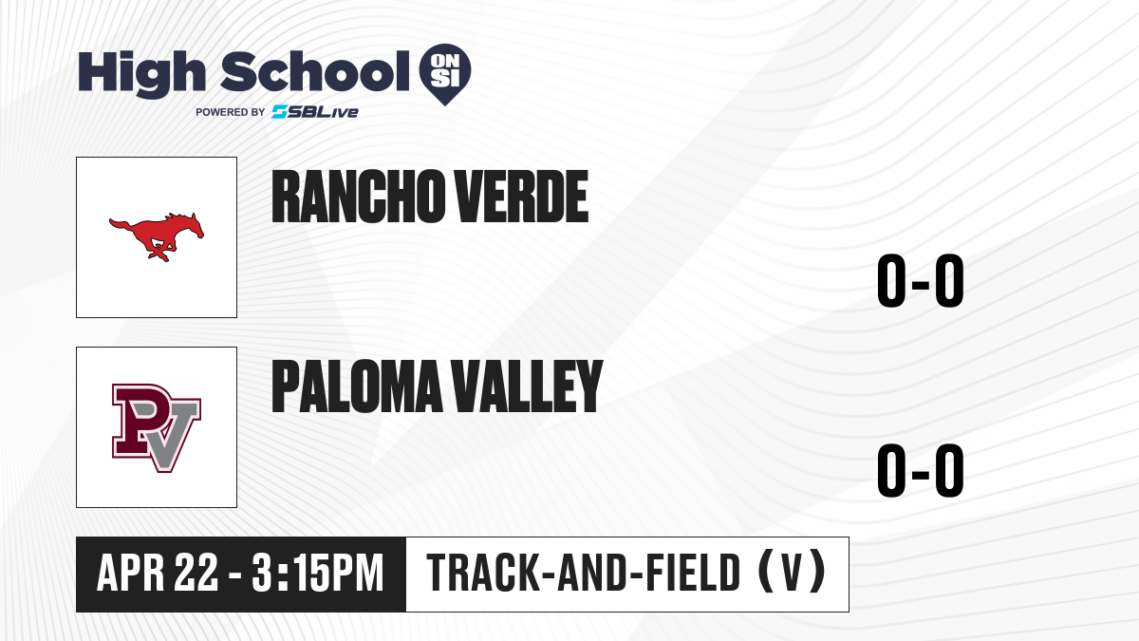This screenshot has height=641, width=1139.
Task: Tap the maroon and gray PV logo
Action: tap(157, 428)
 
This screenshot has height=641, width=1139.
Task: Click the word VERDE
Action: tap(521, 197)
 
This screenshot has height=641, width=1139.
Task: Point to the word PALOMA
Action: tap(358, 386)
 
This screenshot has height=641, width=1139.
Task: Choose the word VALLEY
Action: tap(527, 386)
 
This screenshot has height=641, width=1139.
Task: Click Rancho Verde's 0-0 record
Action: tap(921, 280)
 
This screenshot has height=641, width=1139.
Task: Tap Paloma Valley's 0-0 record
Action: tap(921, 470)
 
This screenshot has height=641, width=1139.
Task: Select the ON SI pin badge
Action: tap(445, 74)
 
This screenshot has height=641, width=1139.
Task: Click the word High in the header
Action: tap(141, 73)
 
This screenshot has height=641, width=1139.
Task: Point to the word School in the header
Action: tap(315, 71)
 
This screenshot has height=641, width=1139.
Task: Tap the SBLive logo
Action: tap(315, 112)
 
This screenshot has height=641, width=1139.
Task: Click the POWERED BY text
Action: tap(231, 112)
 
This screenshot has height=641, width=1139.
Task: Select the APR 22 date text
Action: tap(158, 573)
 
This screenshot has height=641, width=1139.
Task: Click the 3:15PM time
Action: tap(318, 573)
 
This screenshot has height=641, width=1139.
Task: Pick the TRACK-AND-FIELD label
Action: tap(584, 573)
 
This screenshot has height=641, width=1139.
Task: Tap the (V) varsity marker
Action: tap(792, 572)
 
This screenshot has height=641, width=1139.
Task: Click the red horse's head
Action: tap(194, 225)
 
